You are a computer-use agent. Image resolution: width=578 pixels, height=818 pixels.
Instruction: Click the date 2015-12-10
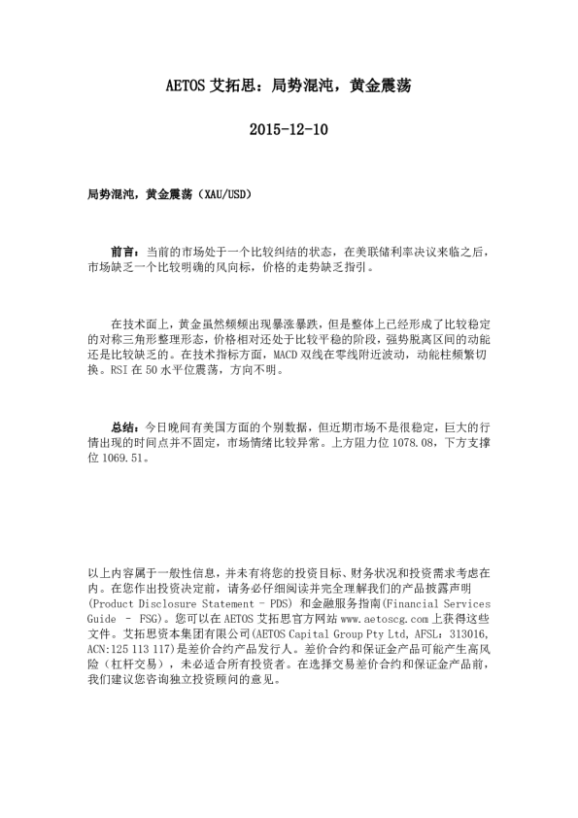tap(289, 128)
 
